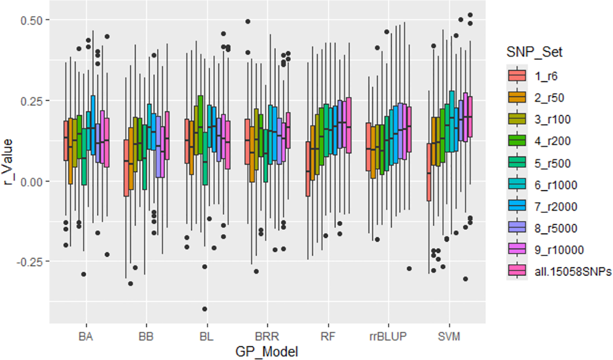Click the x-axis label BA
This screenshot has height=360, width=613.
point(85,336)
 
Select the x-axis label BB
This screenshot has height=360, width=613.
point(146,336)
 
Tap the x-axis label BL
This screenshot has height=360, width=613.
point(206,336)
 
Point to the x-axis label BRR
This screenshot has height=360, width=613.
point(267,336)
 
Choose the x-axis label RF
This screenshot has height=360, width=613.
point(328,336)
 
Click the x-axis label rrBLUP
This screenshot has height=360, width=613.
point(388,336)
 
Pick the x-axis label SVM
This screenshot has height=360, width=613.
point(449,336)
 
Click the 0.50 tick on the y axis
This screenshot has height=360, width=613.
point(31,20)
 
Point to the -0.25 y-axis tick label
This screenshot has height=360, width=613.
point(30,262)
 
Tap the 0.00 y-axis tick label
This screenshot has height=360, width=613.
point(31,182)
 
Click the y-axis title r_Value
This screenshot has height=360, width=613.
point(8,161)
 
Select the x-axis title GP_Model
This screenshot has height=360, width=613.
point(267,352)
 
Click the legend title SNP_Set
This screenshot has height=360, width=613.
point(534,52)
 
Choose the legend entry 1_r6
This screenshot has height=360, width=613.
point(546,76)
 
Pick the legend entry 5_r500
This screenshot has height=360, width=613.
point(552,163)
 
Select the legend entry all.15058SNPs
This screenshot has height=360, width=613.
point(573,272)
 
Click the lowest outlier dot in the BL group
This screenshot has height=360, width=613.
point(204,309)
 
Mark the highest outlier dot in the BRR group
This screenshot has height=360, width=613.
point(248,22)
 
